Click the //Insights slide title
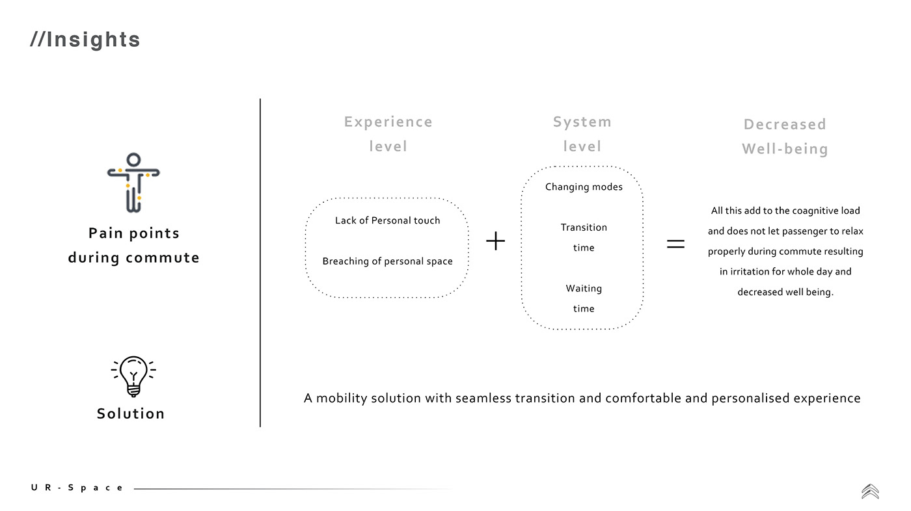(x=85, y=40)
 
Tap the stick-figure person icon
(x=133, y=183)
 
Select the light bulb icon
(x=133, y=375)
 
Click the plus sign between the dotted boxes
(x=496, y=242)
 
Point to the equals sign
(x=676, y=244)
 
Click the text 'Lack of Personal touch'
(x=387, y=220)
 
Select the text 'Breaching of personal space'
(x=387, y=261)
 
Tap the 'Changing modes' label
(x=584, y=187)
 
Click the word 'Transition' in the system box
(x=584, y=228)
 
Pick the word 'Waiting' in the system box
(x=584, y=289)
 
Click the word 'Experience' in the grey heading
(x=388, y=122)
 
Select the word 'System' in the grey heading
(x=582, y=122)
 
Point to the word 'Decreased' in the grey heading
(x=785, y=125)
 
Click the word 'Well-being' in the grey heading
(x=785, y=150)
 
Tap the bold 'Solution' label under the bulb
(x=131, y=414)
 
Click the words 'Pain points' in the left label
(x=134, y=233)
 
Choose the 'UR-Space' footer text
(x=77, y=488)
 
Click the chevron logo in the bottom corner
(x=870, y=491)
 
